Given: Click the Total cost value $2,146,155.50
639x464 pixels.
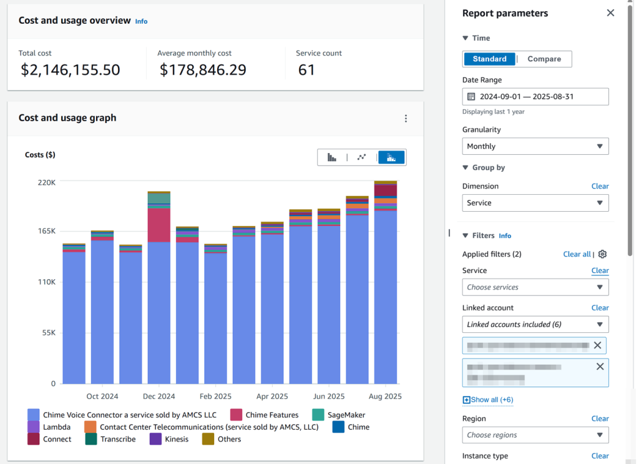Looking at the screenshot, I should click(70, 70).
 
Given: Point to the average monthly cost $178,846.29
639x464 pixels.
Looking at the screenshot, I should click(203, 70).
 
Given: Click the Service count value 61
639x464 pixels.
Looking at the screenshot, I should click(306, 70).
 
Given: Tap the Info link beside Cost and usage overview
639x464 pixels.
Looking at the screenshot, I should click(142, 21).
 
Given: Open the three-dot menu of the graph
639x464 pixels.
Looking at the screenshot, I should click(406, 119).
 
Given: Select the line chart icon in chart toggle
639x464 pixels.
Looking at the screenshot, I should click(361, 157).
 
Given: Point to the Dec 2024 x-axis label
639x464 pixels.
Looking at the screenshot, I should click(159, 397).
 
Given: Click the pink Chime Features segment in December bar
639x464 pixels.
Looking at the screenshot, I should click(159, 225).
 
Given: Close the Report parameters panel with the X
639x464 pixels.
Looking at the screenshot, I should click(610, 13).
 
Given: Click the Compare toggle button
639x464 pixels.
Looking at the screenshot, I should click(544, 59).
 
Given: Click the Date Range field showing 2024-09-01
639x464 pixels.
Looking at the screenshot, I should click(535, 97).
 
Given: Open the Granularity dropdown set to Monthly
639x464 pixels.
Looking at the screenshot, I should click(535, 146).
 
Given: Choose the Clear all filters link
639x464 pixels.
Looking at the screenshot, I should click(577, 254).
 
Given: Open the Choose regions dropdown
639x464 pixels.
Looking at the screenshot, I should click(535, 435).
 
